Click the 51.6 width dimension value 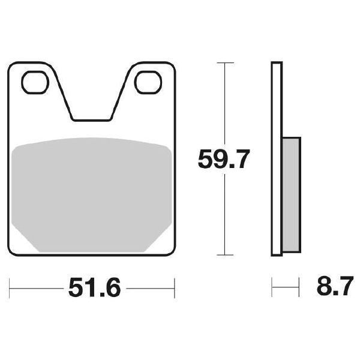pos(94,287)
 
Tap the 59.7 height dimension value pos(224,159)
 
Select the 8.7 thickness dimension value pos(335,286)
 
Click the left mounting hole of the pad pos(35,82)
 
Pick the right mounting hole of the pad pos(148,82)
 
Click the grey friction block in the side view pos(291,194)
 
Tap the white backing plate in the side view pos(277,158)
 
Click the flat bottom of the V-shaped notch pos(92,120)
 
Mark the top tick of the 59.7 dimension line pos(225,62)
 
